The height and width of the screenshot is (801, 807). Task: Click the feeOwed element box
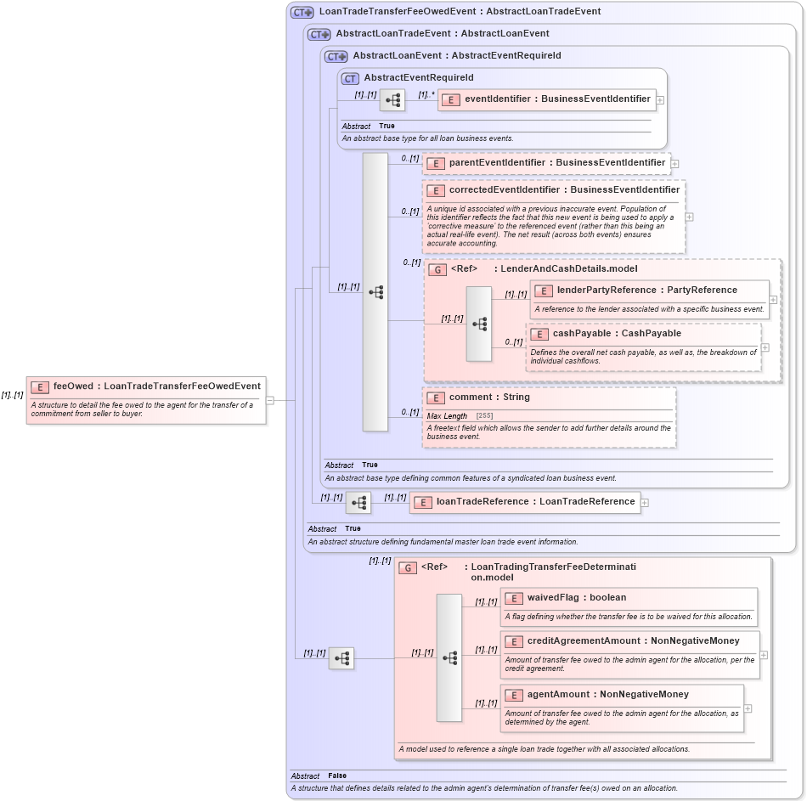146,386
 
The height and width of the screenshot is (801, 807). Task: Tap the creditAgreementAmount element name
633,641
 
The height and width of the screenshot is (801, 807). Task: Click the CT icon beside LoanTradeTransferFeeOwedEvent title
302,13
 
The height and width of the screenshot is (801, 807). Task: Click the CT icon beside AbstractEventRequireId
350,78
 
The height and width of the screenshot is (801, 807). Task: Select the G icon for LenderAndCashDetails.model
437,270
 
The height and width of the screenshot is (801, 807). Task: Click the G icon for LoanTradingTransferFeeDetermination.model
408,567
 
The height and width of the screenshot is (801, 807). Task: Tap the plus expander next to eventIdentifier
660,100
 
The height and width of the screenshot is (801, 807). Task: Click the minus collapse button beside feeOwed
270,400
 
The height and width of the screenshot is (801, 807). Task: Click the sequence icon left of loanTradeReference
358,503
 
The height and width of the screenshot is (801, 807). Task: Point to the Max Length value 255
484,415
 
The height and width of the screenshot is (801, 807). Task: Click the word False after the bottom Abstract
337,776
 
